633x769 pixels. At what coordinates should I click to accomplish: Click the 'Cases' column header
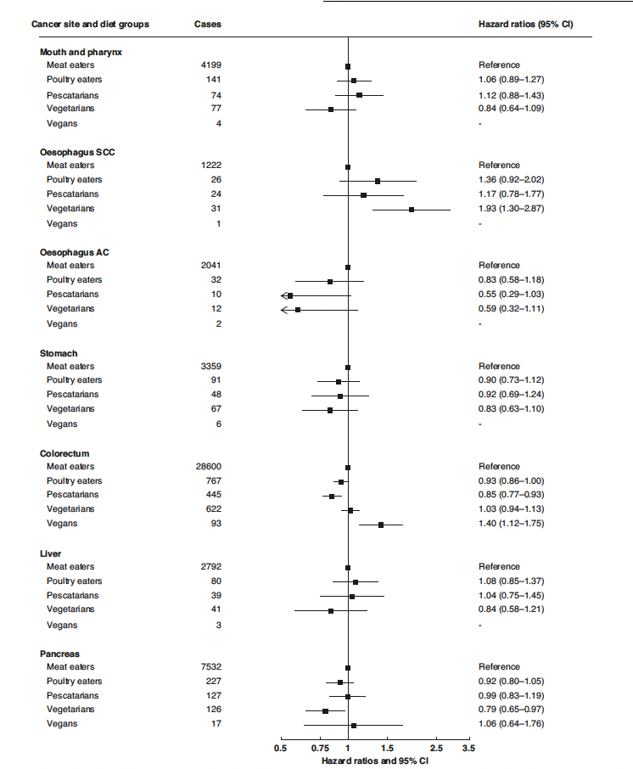coord(207,24)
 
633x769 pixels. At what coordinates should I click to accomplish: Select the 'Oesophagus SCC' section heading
coord(78,152)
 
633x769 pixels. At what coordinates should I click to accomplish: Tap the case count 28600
coord(208,467)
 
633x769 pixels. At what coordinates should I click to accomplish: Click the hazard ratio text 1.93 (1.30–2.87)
coord(511,209)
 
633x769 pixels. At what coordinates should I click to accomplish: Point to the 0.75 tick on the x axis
coord(321,748)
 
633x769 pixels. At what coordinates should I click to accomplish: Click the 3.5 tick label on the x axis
coord(468,748)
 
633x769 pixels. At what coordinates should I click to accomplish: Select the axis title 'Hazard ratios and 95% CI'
coord(375,760)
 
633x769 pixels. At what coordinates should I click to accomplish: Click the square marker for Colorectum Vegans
coord(381,525)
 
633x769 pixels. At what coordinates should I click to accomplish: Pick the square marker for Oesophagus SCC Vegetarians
coord(412,209)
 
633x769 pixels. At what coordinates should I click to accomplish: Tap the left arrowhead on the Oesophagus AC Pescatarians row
coord(284,295)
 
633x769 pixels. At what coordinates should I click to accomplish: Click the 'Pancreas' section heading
coord(60,654)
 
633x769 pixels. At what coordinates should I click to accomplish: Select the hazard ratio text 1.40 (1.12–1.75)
coord(511,524)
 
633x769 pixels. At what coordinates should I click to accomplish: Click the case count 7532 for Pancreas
coord(208,667)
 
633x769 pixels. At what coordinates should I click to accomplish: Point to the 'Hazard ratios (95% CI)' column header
coord(525,24)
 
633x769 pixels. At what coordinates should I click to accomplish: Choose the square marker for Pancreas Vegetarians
coord(325,710)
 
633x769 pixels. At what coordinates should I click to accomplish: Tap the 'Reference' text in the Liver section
coord(499,567)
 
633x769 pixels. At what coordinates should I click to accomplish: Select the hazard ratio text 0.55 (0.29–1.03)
coord(511,295)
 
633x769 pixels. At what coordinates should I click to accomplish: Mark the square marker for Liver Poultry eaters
coord(356,582)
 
